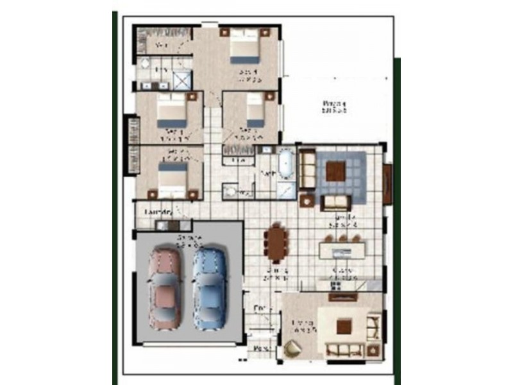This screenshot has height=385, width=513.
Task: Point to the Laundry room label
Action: [159, 211]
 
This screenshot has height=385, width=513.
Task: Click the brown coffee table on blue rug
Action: [335, 171]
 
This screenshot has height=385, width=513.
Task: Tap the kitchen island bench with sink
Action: [342, 247]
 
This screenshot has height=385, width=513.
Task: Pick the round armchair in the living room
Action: [293, 349]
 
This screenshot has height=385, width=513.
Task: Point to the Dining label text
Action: [276, 275]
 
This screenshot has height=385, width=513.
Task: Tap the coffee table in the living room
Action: [344, 327]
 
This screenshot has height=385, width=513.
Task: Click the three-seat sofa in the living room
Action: [346, 350]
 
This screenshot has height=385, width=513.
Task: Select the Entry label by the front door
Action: [259, 309]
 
